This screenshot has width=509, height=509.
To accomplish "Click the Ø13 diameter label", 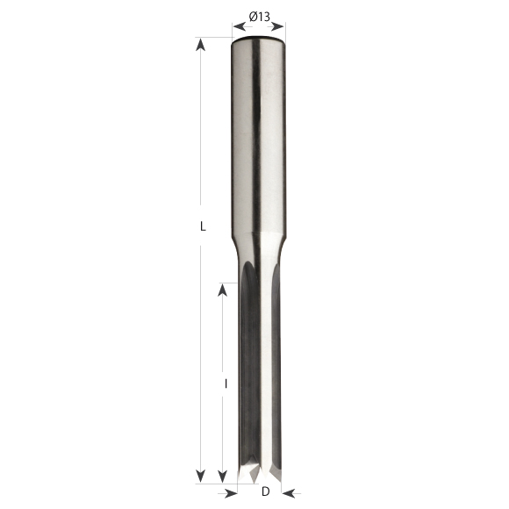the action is click(260, 17).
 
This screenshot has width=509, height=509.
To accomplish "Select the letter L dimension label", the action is click(203, 226).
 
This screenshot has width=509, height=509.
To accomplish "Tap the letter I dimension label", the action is click(226, 384).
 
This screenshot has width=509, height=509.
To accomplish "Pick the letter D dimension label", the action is click(266, 491).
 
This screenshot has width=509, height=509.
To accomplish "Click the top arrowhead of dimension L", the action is click(201, 45).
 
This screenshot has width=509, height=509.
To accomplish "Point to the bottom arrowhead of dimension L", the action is click(201, 476).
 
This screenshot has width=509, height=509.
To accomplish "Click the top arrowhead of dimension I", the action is click(222, 290).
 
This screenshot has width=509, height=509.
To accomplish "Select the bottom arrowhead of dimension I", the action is click(222, 476).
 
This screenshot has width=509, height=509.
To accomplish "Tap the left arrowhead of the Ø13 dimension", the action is click(240, 26).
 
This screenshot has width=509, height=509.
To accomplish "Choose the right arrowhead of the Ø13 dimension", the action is click(278, 26).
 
